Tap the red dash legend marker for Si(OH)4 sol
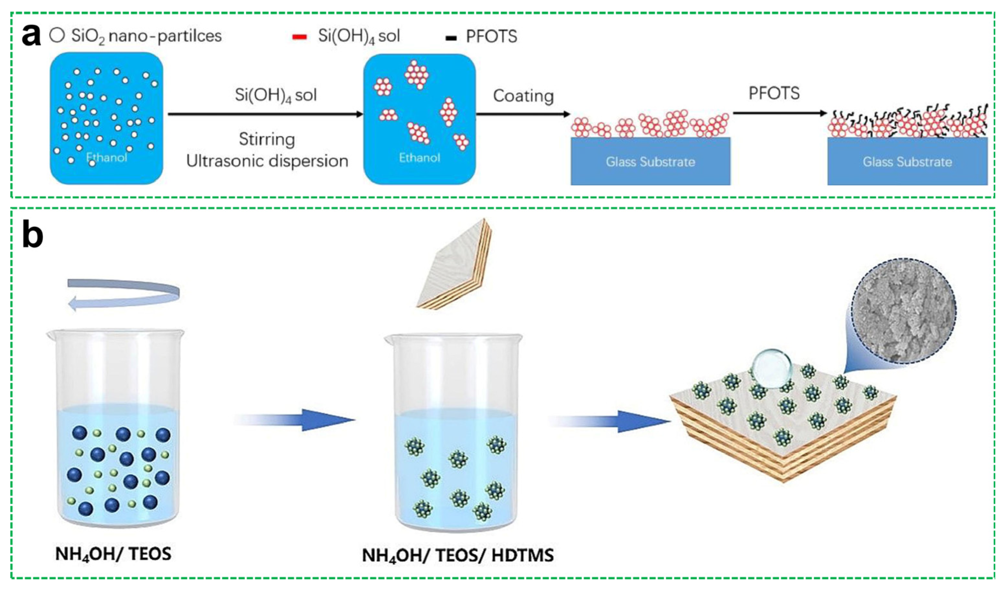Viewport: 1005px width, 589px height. [x=300, y=37]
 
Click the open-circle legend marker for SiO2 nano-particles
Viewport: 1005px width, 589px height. [x=57, y=36]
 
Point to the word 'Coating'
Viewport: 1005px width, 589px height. [x=523, y=96]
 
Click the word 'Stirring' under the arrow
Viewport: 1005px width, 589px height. [x=267, y=139]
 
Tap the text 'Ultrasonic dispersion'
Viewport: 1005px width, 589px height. [x=267, y=161]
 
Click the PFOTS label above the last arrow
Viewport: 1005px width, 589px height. [x=774, y=93]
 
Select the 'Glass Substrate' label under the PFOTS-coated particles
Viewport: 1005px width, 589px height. [x=907, y=162]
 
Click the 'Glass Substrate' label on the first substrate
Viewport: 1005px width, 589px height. [x=650, y=162]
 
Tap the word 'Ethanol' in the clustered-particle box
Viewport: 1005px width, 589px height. [x=420, y=158]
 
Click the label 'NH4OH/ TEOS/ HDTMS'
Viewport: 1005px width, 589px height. [x=457, y=555]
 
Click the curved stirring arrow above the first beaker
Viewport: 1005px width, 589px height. [x=124, y=294]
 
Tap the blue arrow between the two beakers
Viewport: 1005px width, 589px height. [x=295, y=420]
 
